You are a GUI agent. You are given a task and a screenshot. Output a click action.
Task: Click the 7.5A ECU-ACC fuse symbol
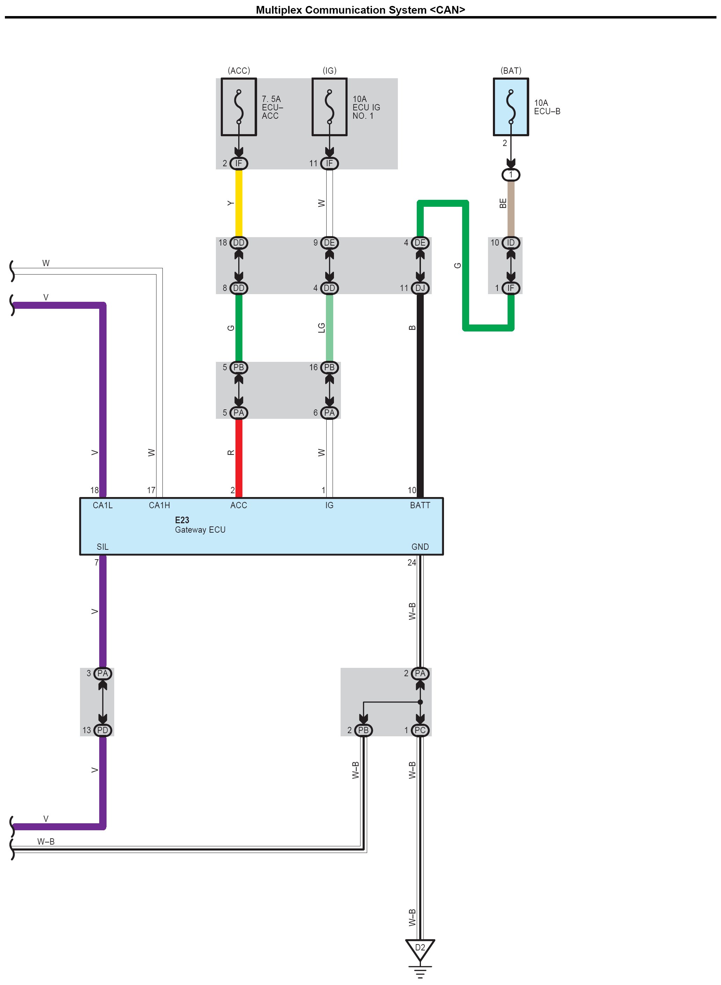239,107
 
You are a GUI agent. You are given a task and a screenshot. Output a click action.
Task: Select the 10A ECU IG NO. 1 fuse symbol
329,107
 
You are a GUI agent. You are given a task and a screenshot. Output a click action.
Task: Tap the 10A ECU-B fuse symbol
511,107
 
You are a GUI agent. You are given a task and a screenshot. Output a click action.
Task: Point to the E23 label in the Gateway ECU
182,520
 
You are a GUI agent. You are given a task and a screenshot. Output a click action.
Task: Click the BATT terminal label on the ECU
420,505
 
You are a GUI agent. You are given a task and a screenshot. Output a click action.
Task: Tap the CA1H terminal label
159,505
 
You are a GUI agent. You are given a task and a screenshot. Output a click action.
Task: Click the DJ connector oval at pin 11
420,288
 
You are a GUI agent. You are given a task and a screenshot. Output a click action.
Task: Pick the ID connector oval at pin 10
511,243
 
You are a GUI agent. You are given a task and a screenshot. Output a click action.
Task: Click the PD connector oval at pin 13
103,730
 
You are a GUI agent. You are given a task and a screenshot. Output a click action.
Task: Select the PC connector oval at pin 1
420,730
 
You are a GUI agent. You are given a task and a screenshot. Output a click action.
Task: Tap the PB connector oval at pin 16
329,367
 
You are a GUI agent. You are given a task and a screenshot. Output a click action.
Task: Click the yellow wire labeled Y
239,203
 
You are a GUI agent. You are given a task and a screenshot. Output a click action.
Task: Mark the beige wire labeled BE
511,205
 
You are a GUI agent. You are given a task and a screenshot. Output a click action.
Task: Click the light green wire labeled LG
329,328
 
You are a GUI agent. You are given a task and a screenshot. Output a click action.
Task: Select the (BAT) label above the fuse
511,71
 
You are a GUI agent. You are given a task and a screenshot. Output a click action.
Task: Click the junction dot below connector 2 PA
420,702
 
